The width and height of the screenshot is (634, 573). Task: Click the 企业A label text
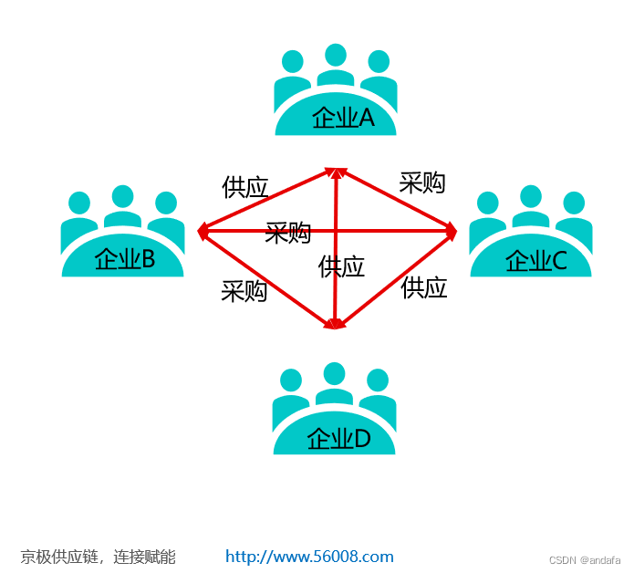click(343, 118)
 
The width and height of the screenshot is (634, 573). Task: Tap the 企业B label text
click(125, 260)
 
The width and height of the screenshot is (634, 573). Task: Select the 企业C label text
click(536, 261)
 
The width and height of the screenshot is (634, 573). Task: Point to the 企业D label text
click(338, 439)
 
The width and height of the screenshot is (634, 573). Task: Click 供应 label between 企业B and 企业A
click(245, 187)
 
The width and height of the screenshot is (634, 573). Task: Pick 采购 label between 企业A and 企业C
click(421, 182)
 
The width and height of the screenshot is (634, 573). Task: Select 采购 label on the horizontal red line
click(287, 233)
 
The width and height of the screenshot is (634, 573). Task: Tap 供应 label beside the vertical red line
click(341, 266)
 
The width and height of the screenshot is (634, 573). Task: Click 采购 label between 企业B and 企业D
click(244, 291)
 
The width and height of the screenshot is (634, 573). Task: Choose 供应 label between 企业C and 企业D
click(423, 287)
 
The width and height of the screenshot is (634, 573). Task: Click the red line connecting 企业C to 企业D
click(394, 278)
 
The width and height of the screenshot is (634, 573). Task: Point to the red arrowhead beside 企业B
click(203, 231)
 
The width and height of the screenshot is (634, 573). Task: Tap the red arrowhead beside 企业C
click(451, 231)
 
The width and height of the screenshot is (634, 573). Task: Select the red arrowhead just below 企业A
click(337, 172)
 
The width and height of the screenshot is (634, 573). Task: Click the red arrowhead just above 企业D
click(336, 322)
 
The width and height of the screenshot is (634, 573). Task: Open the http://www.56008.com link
click(309, 557)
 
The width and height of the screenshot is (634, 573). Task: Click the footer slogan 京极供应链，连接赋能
click(98, 557)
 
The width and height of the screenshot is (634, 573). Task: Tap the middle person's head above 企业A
click(336, 55)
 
